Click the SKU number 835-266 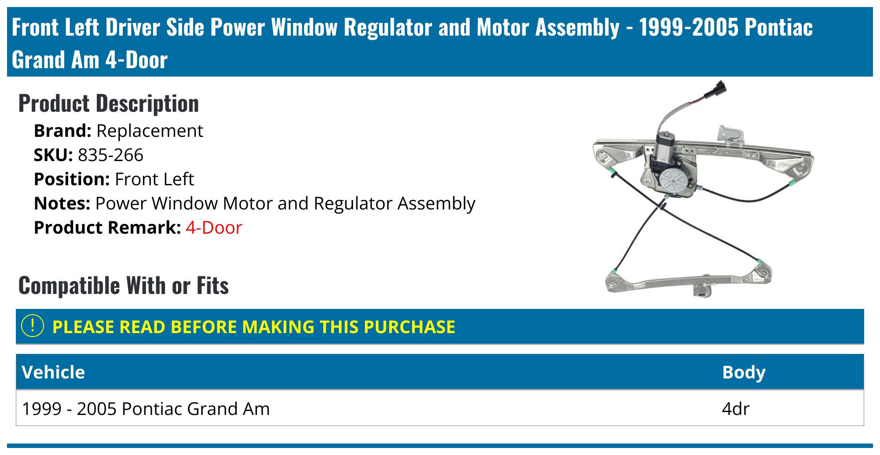click(x=110, y=155)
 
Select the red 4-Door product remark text click(x=214, y=228)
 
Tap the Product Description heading click(x=109, y=104)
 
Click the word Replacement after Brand click(x=150, y=131)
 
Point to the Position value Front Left click(x=154, y=180)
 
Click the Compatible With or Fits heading click(x=124, y=286)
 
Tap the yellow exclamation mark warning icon click(x=33, y=326)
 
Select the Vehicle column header click(x=53, y=372)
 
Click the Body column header click(x=744, y=372)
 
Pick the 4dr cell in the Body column click(x=735, y=409)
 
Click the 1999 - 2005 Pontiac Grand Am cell click(x=146, y=409)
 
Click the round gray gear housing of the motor click(x=673, y=180)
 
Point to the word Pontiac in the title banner click(x=778, y=28)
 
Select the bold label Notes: click(x=62, y=204)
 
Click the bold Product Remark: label click(x=107, y=228)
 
